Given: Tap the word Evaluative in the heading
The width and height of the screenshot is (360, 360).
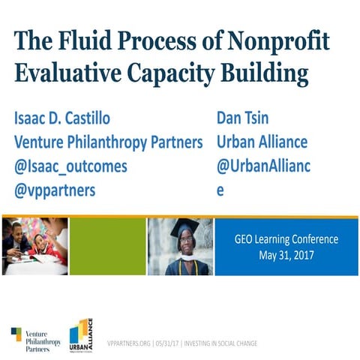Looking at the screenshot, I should click(x=73, y=73).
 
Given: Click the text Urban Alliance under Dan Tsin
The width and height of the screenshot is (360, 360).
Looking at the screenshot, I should click(x=262, y=142).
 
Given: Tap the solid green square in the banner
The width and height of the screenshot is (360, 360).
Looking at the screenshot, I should click(x=112, y=247).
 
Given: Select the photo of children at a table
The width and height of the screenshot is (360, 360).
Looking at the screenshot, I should click(x=35, y=247).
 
